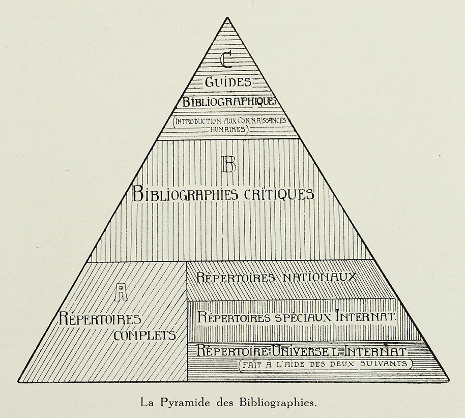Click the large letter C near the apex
226,59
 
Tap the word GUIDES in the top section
228,82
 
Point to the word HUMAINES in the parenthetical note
227,129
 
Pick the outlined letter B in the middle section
229,164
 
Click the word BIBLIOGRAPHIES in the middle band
185,194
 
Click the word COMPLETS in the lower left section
145,335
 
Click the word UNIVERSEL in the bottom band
306,351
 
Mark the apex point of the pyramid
227,17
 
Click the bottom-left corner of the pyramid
18,381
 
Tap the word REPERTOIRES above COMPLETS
99,319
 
